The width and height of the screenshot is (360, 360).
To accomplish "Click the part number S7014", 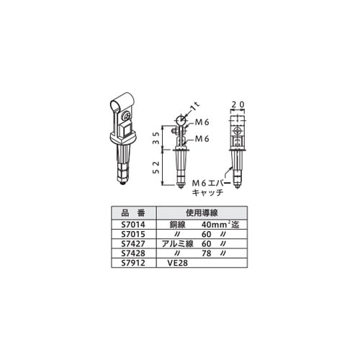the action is click(133, 225).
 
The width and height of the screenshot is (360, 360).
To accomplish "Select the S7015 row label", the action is click(133, 234).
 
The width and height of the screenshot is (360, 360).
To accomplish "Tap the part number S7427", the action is click(133, 244).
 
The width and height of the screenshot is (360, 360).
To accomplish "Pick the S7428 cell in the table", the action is click(133, 253).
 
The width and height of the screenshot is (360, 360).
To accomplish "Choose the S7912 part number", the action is click(133, 263).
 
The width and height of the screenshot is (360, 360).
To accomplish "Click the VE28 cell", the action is click(178, 263).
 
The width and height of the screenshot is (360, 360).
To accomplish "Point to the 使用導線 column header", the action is click(202, 212).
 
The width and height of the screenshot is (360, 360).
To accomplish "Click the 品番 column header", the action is click(133, 212).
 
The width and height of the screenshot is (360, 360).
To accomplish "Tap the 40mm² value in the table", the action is click(215, 225).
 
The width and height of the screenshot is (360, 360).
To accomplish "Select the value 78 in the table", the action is click(207, 253).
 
